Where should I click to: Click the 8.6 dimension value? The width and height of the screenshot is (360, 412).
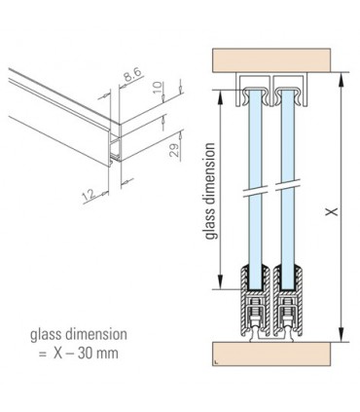132,77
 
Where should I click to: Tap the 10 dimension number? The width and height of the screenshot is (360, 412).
157,88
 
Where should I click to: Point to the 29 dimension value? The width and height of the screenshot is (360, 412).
175,150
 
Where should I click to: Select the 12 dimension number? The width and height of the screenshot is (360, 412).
89,195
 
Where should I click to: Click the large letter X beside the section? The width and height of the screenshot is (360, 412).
332,211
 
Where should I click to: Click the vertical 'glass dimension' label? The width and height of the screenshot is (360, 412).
210,191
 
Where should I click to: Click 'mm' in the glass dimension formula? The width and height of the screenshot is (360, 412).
107,355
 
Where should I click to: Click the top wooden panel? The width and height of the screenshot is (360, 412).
271,60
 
